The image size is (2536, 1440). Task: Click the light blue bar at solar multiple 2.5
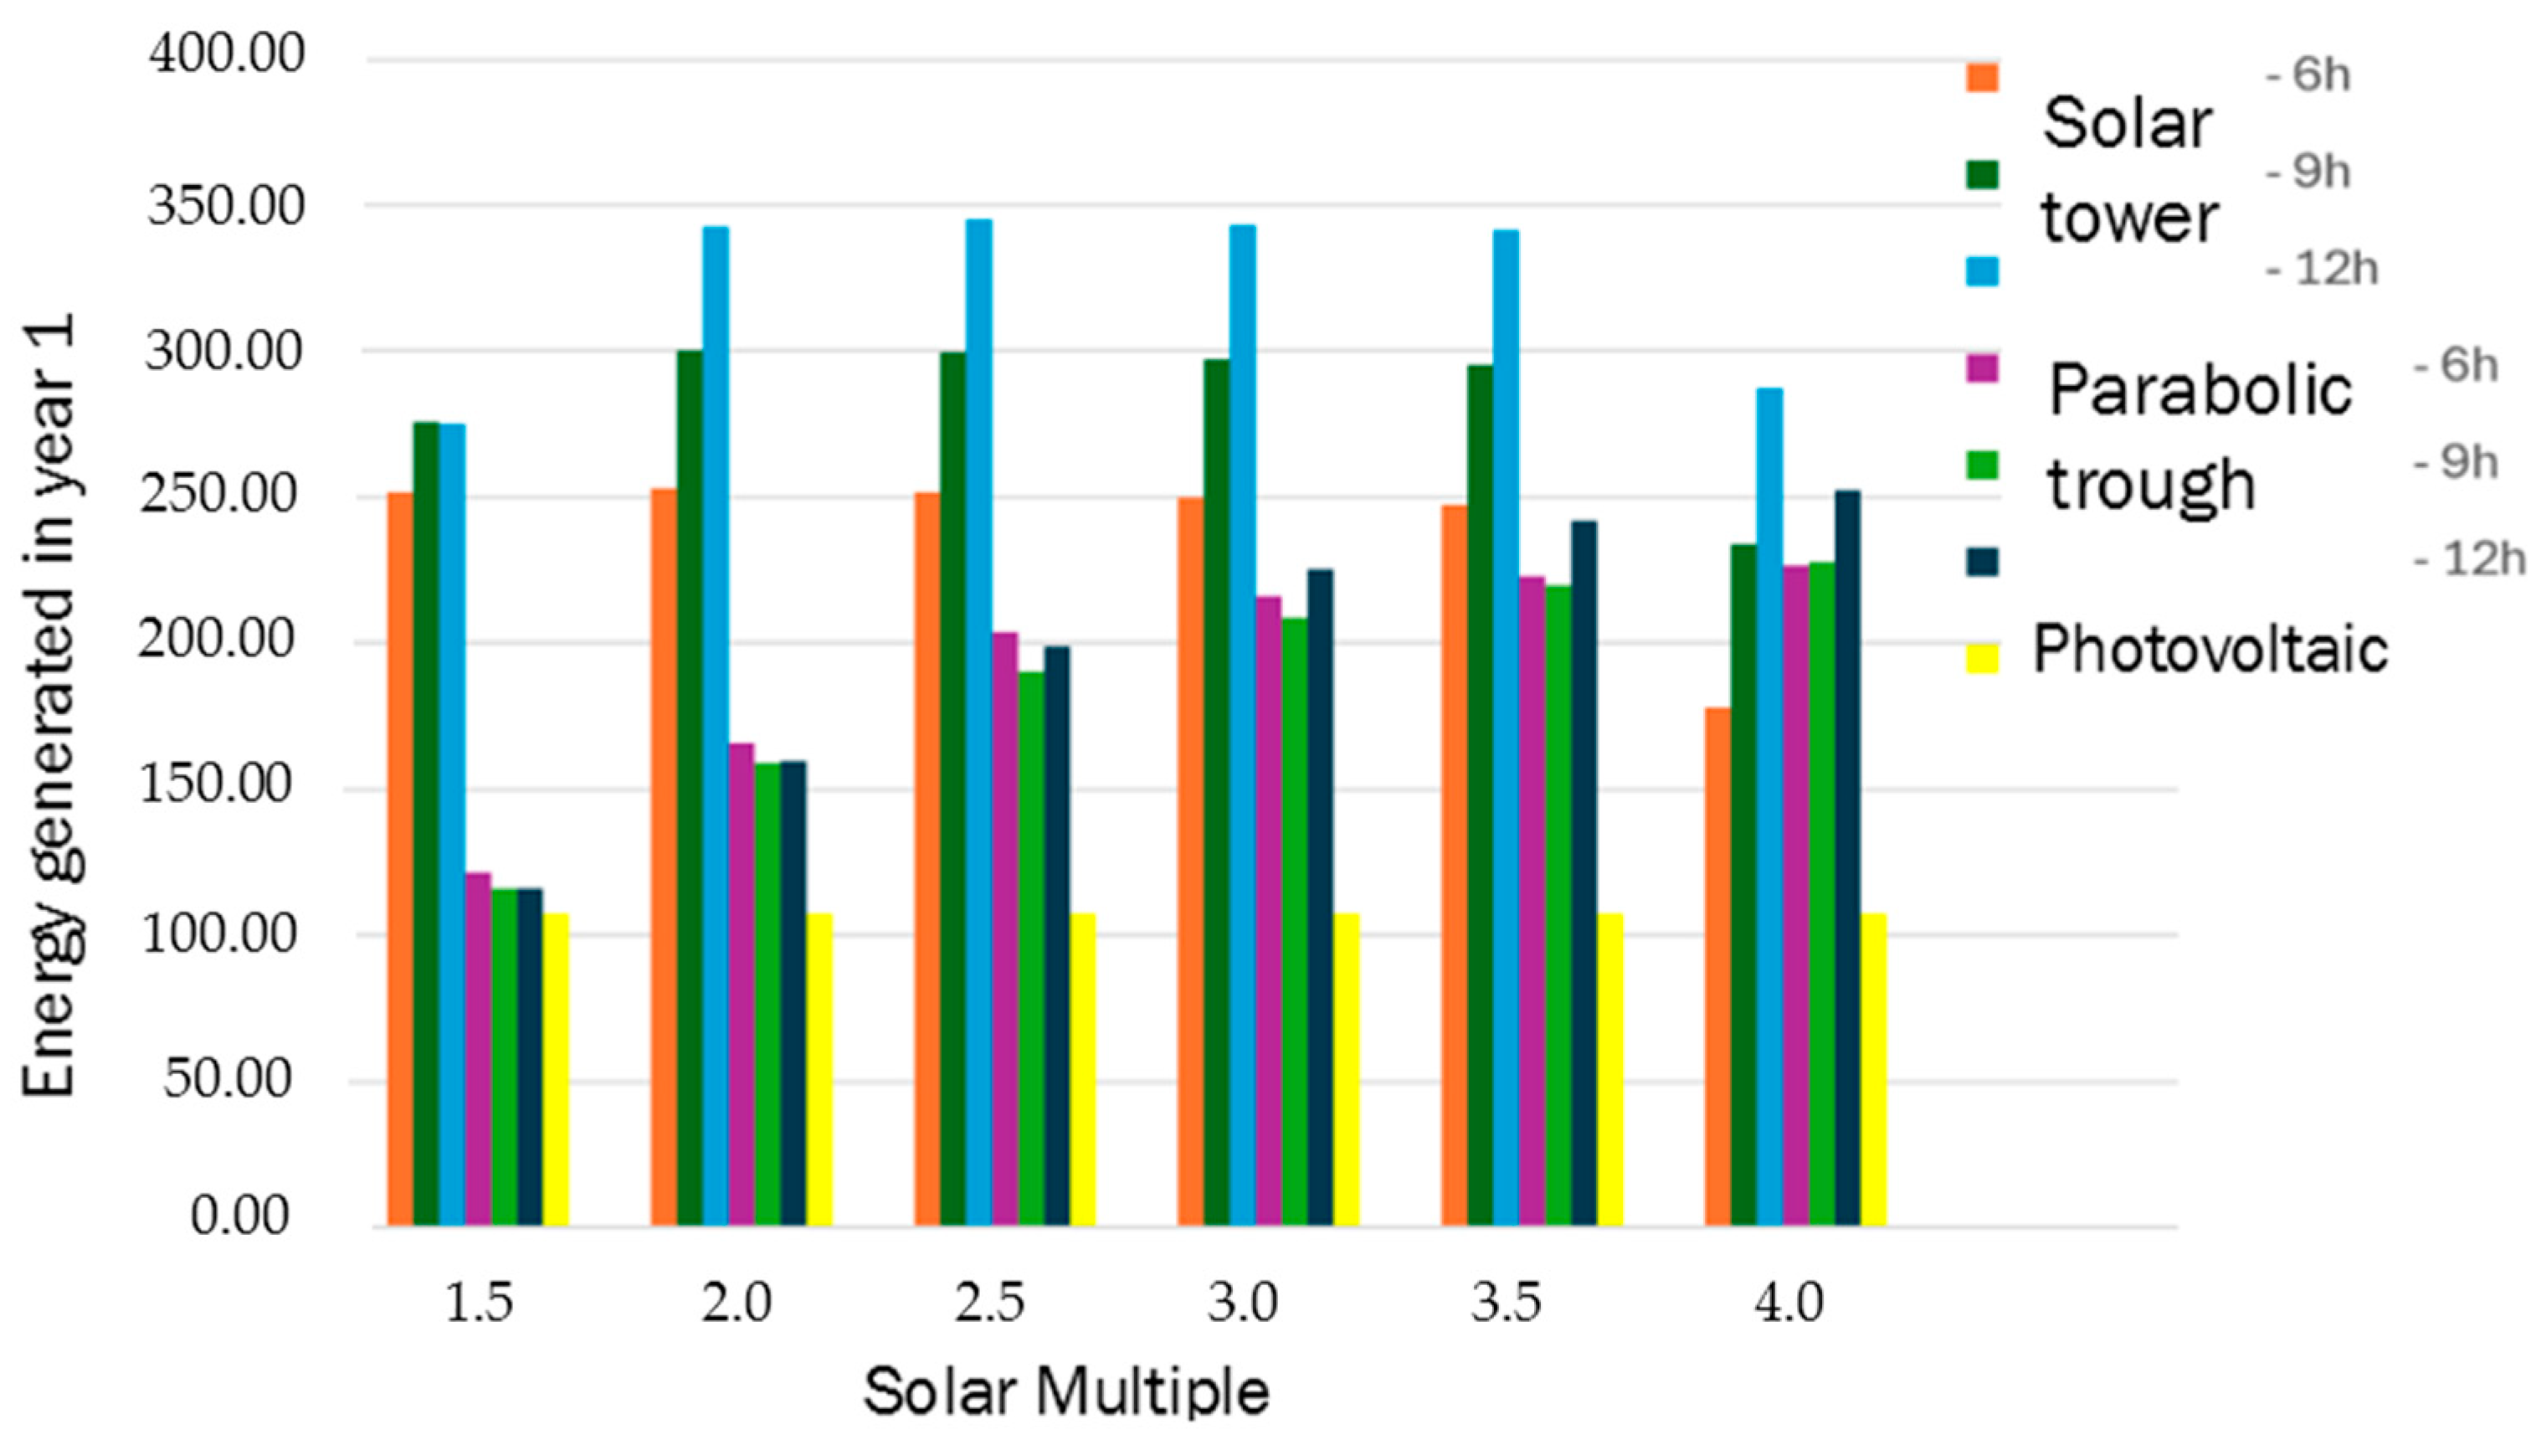[978, 722]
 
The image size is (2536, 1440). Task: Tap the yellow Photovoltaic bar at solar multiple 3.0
[1346, 1069]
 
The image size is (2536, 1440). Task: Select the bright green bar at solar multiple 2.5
[1031, 949]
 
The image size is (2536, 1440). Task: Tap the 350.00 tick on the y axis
[225, 208]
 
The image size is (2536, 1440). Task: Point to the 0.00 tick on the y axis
[240, 1216]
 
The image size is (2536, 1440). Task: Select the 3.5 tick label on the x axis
[1505, 1303]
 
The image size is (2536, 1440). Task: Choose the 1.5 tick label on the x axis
[480, 1303]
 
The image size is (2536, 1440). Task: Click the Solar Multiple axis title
[1065, 1391]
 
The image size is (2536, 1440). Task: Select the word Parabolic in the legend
[2199, 389]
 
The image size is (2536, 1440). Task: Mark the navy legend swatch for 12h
[1981, 561]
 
